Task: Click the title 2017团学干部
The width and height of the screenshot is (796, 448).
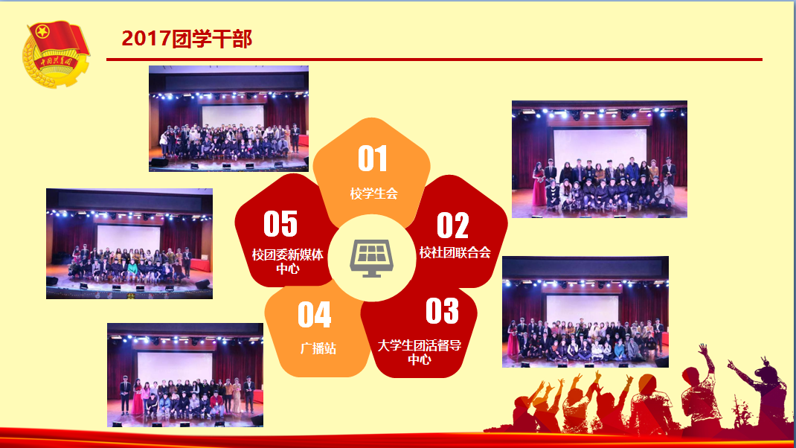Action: pyautogui.click(x=187, y=39)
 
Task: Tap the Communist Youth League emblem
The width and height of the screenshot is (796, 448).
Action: pyautogui.click(x=56, y=54)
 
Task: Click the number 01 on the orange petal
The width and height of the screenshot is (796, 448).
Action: pyautogui.click(x=373, y=159)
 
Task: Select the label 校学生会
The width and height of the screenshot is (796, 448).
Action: pyautogui.click(x=373, y=193)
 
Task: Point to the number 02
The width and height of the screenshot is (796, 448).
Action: pyautogui.click(x=452, y=225)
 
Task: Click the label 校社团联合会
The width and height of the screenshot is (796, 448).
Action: pyautogui.click(x=455, y=252)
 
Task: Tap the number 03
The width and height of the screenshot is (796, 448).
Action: pyautogui.click(x=442, y=311)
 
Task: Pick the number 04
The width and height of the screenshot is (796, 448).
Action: pyautogui.click(x=314, y=315)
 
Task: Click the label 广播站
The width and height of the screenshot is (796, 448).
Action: pyautogui.click(x=318, y=348)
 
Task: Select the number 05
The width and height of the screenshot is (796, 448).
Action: pyautogui.click(x=280, y=224)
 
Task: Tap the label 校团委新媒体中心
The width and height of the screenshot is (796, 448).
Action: pyautogui.click(x=287, y=262)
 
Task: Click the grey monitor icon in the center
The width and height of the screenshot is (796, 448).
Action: pyautogui.click(x=372, y=258)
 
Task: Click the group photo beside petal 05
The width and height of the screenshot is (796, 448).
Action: pyautogui.click(x=129, y=244)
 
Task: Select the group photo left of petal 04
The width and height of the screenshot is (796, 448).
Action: pyautogui.click(x=185, y=375)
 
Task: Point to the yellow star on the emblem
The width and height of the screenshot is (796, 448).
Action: pyautogui.click(x=42, y=32)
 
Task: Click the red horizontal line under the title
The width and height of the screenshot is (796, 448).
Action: pyautogui.click(x=434, y=60)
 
